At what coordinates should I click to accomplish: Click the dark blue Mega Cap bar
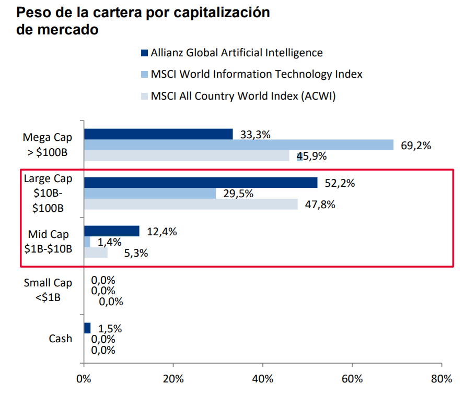point(158,134)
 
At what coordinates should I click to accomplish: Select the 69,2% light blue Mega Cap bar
point(238,145)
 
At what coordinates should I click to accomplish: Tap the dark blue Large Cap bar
point(201,183)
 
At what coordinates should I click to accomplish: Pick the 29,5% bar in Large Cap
point(150,194)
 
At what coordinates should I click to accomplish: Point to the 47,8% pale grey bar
point(191,205)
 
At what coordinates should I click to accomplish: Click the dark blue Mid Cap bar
point(112,231)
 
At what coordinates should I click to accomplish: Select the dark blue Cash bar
point(87,328)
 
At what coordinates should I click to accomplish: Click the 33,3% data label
point(255,135)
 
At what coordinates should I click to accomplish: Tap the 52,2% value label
point(340,183)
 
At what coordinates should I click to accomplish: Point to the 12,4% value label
point(162,232)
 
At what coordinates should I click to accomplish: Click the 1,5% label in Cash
point(110,329)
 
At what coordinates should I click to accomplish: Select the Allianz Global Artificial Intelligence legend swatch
point(145,53)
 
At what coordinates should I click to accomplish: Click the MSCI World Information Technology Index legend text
point(256,74)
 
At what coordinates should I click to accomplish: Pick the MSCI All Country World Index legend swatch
point(145,96)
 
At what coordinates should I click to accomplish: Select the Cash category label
point(61,339)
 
